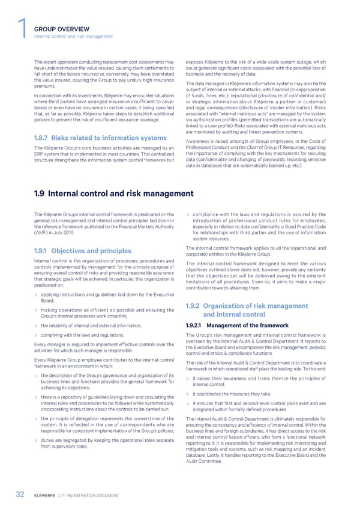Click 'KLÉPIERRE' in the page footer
pyautogui.click(x=54, y=494)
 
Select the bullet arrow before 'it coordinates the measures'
pyautogui.click(x=189, y=393)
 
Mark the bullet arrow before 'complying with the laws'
pyautogui.click(x=37, y=335)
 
